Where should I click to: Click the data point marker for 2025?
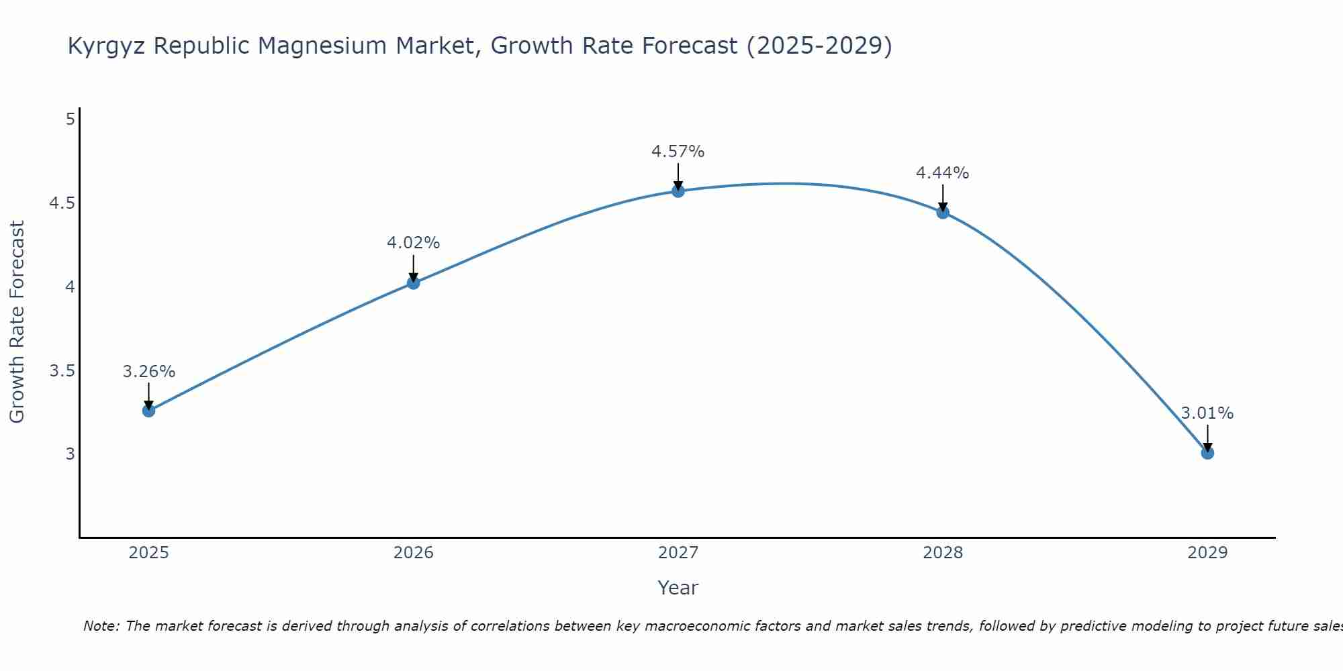(x=148, y=411)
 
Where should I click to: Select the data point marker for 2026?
(x=414, y=283)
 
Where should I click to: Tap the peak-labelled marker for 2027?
(x=678, y=191)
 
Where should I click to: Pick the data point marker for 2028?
(x=943, y=213)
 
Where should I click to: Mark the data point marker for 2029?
(x=1207, y=453)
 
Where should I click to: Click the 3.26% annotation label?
(x=149, y=372)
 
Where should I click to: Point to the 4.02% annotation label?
(x=414, y=243)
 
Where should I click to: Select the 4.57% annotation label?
(x=678, y=152)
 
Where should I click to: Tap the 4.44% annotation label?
(x=943, y=173)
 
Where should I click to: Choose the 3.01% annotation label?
(x=1207, y=413)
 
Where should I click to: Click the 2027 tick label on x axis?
(x=678, y=553)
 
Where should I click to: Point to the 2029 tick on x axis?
(x=1207, y=553)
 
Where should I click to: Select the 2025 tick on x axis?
(x=148, y=553)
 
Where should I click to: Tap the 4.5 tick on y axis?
(x=62, y=203)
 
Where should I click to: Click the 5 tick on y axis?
(x=70, y=119)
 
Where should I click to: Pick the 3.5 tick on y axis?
(x=62, y=371)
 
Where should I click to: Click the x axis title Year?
(x=678, y=588)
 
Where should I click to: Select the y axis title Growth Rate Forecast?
(x=17, y=322)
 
